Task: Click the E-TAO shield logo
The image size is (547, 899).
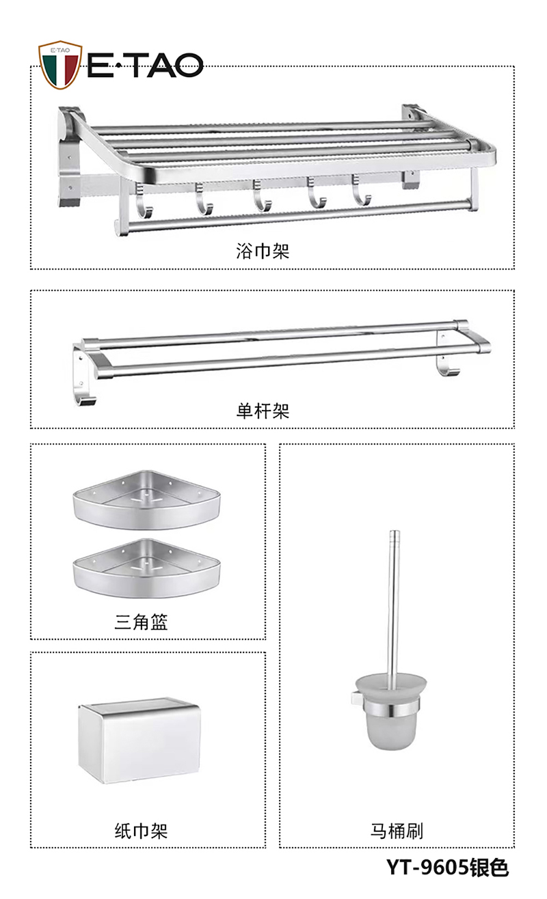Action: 60,65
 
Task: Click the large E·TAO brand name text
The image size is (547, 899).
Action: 145,65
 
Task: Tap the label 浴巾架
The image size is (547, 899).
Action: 263,251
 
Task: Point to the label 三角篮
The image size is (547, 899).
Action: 141,622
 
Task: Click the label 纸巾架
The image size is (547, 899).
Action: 141,831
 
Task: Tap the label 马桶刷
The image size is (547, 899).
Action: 397,831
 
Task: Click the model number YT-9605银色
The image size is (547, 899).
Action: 447,868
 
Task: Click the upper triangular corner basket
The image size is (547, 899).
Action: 146,500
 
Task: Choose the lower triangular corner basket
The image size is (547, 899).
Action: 146,568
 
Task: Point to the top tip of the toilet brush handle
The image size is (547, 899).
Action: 395,531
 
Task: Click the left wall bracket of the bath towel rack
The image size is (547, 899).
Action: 70,156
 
